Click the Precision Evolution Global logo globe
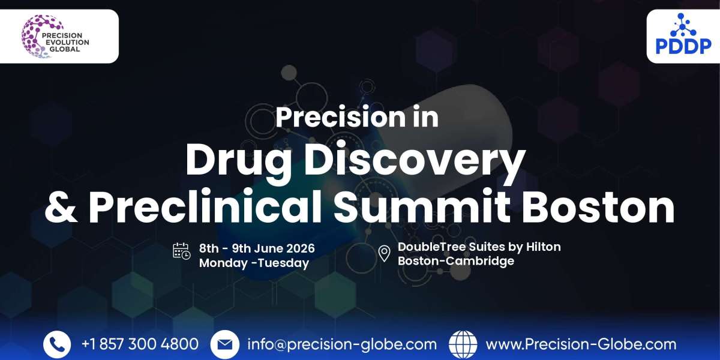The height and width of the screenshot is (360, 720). [37, 36]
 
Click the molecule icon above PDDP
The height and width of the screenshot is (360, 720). [683, 25]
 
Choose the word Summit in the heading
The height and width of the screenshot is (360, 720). [421, 207]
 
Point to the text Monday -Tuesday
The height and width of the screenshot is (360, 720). [254, 263]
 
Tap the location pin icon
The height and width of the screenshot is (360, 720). [385, 253]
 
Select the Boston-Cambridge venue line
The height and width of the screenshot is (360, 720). [456, 262]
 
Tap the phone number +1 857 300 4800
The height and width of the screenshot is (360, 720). [140, 344]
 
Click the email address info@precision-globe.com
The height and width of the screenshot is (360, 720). [342, 344]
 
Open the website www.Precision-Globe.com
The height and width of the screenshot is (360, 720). [581, 344]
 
